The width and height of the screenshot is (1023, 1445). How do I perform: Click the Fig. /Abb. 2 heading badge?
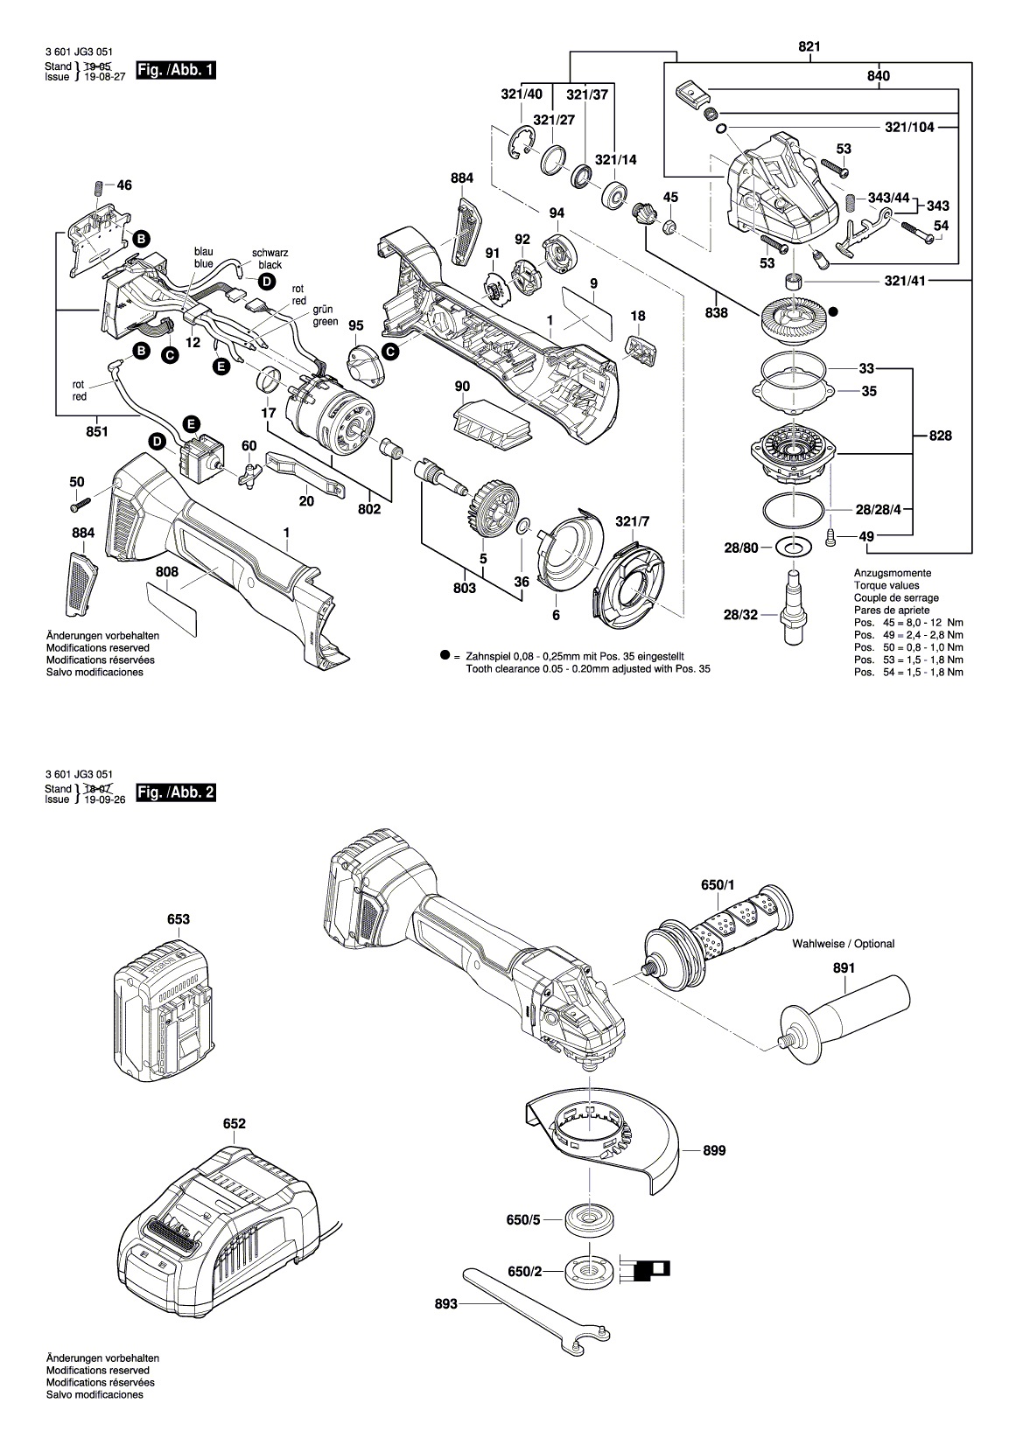coord(171,792)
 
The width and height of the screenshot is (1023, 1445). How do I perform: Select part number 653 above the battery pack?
coord(179,919)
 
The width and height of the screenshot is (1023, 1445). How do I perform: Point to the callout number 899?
coord(714,1152)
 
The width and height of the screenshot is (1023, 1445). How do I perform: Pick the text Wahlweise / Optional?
coord(843,944)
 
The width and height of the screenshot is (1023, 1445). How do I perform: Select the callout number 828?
coord(941,436)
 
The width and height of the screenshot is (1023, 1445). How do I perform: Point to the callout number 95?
coord(355,325)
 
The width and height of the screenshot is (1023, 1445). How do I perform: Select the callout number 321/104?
coord(909,127)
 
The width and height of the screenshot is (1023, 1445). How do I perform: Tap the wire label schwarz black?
coord(270,258)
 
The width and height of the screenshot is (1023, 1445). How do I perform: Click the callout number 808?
coord(167,571)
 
